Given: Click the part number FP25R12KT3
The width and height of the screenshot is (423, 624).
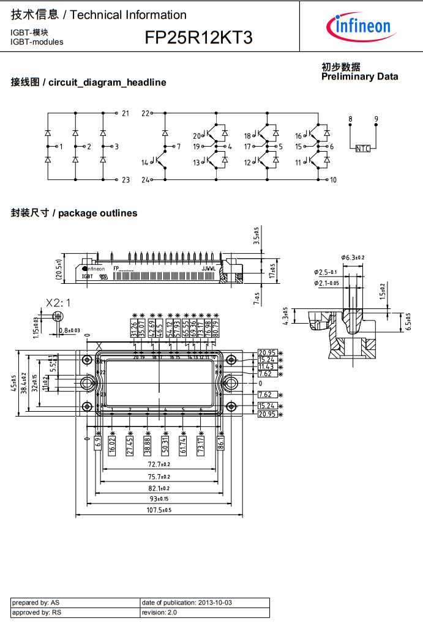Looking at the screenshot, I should [x=198, y=39].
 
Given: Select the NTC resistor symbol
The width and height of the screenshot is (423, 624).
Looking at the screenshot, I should [x=362, y=148].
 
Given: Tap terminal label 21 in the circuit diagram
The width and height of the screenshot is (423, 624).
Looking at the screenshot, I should [x=125, y=113].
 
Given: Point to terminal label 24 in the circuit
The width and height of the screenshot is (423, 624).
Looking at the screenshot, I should [x=146, y=180].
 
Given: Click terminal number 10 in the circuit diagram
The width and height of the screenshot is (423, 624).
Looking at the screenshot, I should [x=333, y=180].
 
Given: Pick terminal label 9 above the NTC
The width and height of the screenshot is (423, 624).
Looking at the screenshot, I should [x=376, y=119].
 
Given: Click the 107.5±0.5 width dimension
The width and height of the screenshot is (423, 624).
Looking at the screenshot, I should [x=158, y=510].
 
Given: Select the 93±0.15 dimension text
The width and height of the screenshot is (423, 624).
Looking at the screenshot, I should [x=158, y=499].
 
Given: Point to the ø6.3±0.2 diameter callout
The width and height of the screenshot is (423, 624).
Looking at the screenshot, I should [x=353, y=258].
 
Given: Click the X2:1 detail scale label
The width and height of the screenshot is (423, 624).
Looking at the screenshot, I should [x=58, y=303].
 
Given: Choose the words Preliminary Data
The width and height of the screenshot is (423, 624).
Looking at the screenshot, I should [x=359, y=76].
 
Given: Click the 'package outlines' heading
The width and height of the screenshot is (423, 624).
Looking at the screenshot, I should [x=98, y=214].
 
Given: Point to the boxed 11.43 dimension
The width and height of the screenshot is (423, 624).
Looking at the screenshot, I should [x=266, y=366].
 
